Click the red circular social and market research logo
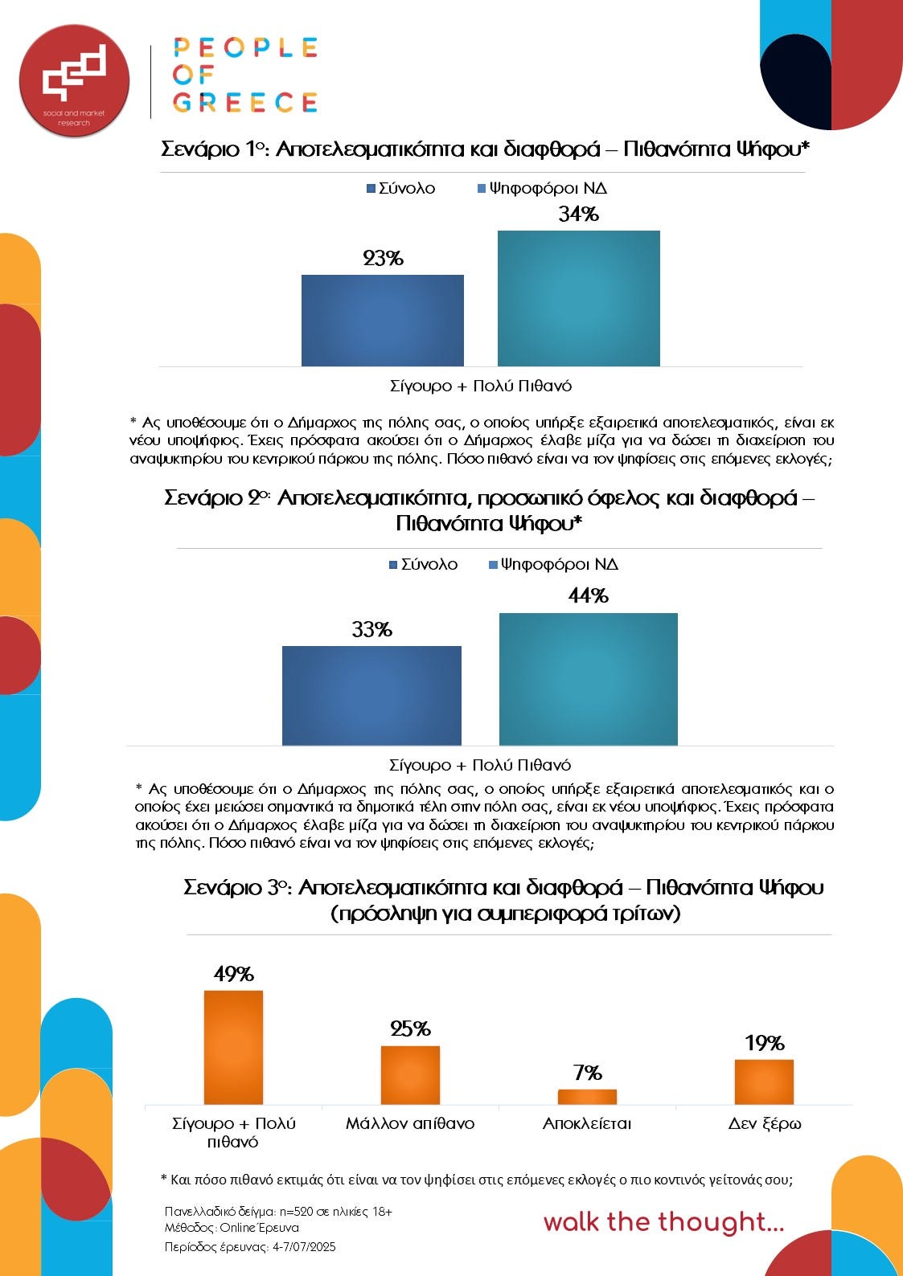point(74,80)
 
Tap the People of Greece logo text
point(245,75)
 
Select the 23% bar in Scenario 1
point(383,321)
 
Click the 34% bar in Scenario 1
point(579,299)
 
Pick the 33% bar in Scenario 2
point(371,696)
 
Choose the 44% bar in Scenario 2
point(589,680)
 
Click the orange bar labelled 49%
point(233,1048)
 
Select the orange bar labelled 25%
point(410,1075)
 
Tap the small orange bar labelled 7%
point(587,1097)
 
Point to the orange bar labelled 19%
point(764,1082)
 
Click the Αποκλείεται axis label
point(587,1123)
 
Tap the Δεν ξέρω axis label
point(764,1123)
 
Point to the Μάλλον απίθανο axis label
point(410,1123)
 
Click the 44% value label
point(589,595)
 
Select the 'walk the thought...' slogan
point(663,1222)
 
